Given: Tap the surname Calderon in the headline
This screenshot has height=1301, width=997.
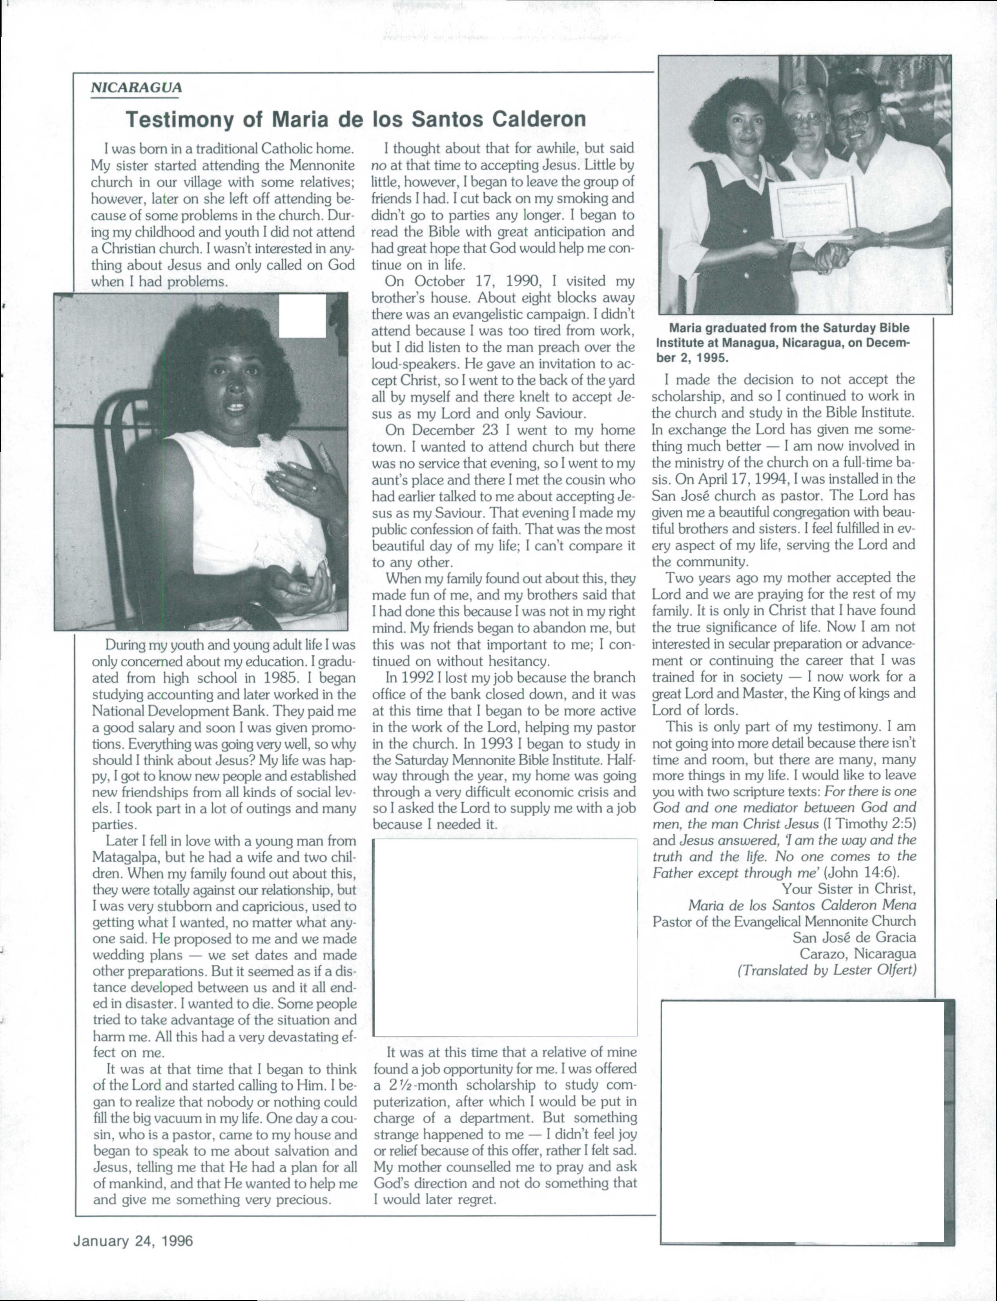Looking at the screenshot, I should point(539,120).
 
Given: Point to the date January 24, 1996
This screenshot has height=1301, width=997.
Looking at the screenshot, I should point(133,1241).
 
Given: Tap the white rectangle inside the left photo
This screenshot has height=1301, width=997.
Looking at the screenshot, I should point(303,316).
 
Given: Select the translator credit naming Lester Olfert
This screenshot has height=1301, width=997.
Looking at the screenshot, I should point(827,970).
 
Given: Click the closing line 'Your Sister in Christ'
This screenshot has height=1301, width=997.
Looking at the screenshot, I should point(849,889).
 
